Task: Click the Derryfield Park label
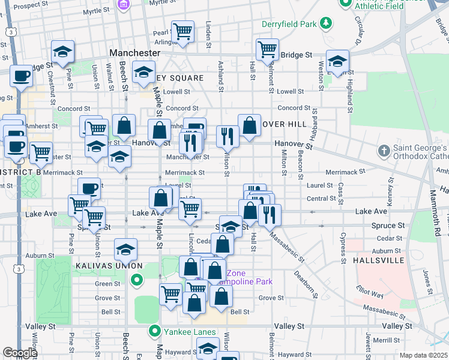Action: point(289,25)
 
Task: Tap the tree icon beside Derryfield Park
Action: point(325,23)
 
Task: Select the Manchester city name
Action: point(134,53)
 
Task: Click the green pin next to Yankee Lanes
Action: point(154,331)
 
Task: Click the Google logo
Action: point(20,353)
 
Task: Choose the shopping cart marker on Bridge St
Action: point(267,48)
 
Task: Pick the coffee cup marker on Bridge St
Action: point(22,76)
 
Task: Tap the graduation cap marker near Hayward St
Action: point(208,348)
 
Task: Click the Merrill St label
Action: point(396,340)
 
